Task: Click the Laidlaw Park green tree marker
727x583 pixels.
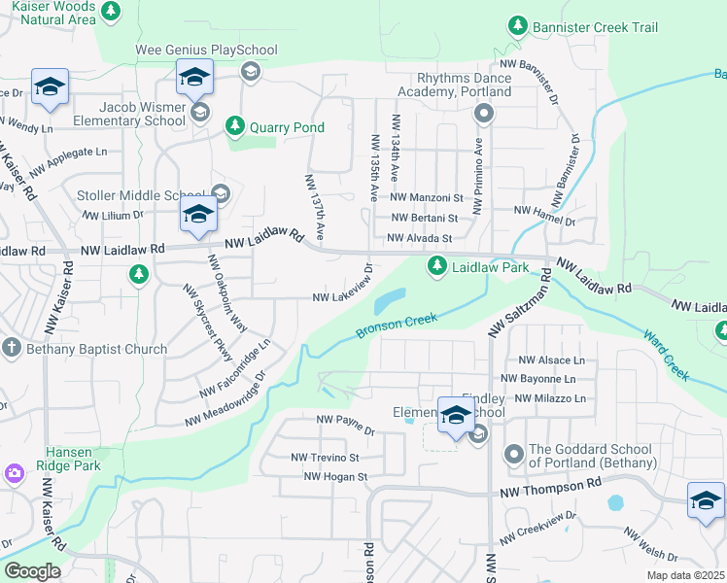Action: [x=438, y=265]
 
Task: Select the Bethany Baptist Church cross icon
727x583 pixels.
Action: [x=12, y=348]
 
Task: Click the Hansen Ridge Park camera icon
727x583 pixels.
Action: [x=15, y=473]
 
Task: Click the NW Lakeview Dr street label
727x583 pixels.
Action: [x=342, y=288]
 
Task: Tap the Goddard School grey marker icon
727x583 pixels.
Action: [x=513, y=454]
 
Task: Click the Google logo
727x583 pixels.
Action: [x=31, y=571]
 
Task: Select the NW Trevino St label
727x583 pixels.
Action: [x=325, y=457]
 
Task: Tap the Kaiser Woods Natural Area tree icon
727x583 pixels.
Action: [x=112, y=12]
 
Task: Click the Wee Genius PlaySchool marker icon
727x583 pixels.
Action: [x=250, y=71]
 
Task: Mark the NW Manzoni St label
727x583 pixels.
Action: [x=428, y=197]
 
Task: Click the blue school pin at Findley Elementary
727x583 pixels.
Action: [x=456, y=416]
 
